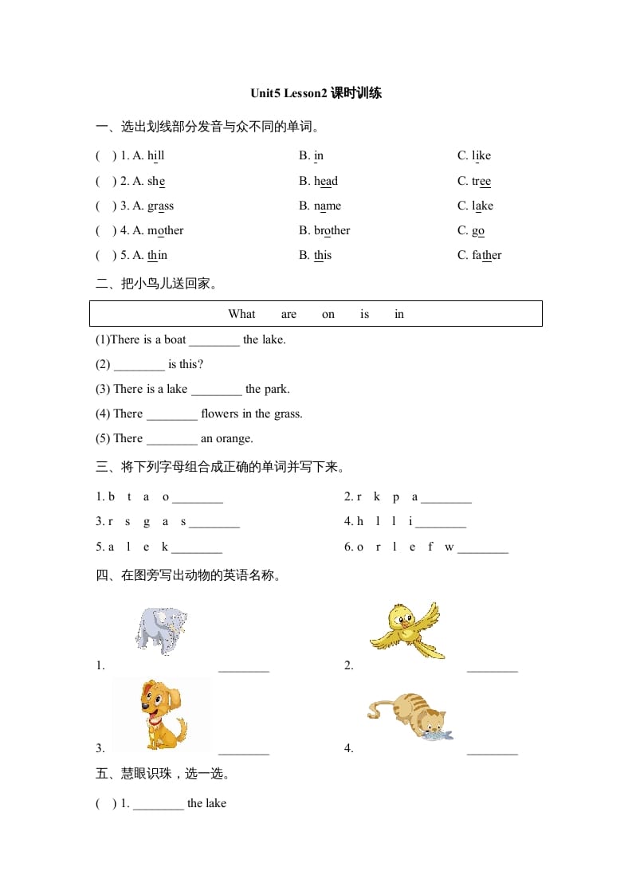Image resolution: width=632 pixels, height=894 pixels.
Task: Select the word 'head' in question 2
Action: coord(326,181)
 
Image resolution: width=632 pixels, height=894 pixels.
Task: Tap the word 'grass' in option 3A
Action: coord(160,206)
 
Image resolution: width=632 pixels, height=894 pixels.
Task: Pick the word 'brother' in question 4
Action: coord(332,230)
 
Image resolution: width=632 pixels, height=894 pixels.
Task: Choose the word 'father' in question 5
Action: coord(486,255)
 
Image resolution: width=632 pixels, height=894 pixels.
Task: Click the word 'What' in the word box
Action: coord(241,314)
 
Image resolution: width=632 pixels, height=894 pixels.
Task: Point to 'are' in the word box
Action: coord(289,314)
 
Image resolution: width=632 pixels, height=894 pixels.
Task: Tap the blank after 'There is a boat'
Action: coord(214,341)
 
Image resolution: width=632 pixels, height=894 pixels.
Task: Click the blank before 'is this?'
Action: coord(139,366)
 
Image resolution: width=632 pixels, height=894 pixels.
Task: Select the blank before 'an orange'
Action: coord(172,440)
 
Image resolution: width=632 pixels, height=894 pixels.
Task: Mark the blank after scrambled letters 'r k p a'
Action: coord(446,499)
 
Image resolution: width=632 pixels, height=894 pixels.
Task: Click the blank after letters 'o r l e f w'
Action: coord(483,548)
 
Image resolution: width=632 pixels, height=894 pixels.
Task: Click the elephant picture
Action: coord(160,629)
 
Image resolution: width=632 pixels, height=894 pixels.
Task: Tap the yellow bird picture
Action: coord(406,629)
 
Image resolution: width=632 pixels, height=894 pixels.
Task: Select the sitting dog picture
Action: coord(163,714)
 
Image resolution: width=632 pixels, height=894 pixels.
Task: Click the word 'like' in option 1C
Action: coord(481,156)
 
